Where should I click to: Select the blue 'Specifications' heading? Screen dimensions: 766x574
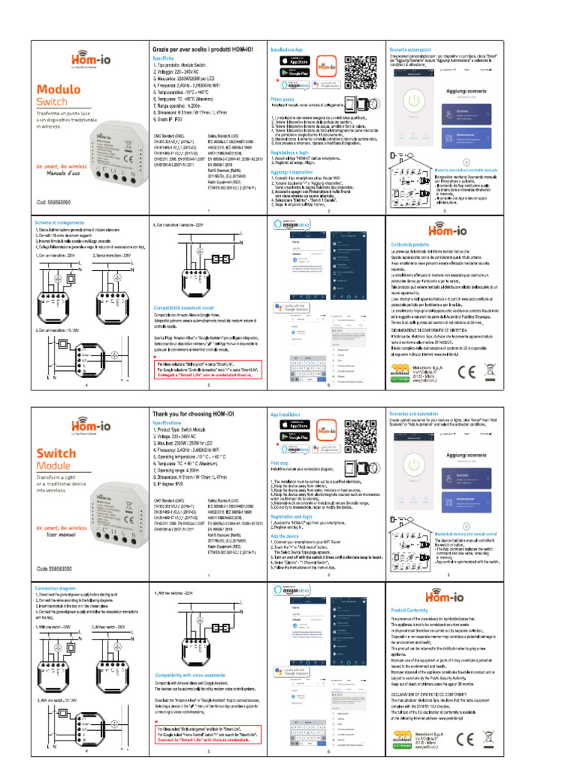point(173,423)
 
